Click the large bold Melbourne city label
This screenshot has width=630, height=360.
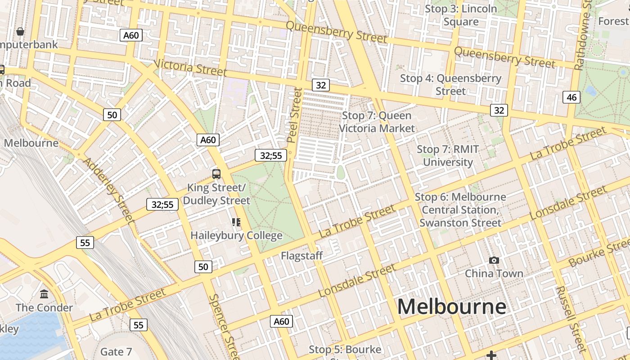click(451, 307)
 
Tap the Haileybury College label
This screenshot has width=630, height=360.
click(236, 235)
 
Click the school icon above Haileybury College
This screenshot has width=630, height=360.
click(236, 222)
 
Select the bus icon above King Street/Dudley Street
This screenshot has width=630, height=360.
click(216, 174)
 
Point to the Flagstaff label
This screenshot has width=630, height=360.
click(302, 256)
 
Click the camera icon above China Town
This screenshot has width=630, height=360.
click(494, 260)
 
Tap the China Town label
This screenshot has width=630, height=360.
click(494, 273)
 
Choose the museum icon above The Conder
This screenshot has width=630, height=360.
click(44, 294)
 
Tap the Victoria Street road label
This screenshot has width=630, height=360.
click(190, 67)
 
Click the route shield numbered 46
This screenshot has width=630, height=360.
click(571, 97)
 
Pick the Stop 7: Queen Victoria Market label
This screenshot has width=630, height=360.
click(377, 122)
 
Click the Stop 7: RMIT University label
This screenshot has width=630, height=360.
click(448, 156)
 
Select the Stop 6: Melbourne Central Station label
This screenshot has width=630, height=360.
click(460, 210)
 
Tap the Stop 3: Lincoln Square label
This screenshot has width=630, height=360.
click(461, 15)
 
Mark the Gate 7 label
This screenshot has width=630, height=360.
click(116, 351)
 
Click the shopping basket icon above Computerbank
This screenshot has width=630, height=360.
click(20, 31)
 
